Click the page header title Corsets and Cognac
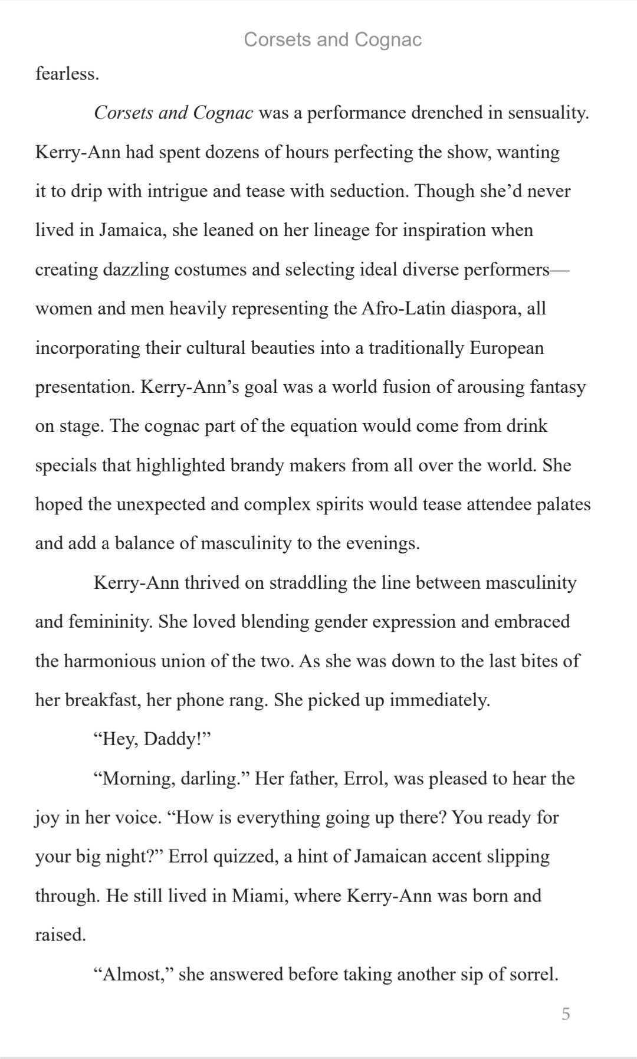pyautogui.click(x=333, y=40)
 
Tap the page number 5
pyautogui.click(x=566, y=1014)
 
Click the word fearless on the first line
pyautogui.click(x=66, y=74)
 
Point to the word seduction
pyautogui.click(x=367, y=191)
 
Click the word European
pyautogui.click(x=506, y=348)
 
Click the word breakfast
pyautogui.click(x=103, y=700)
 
